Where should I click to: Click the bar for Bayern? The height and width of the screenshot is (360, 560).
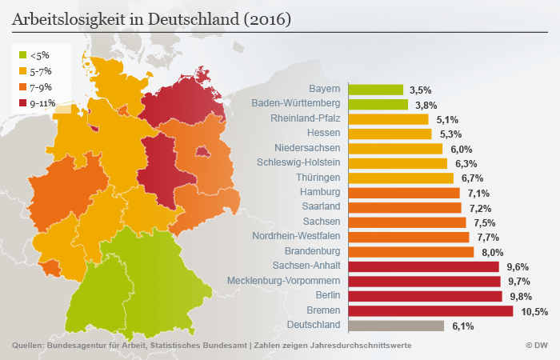point(375,90)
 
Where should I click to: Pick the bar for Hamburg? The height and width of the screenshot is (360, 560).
point(403,193)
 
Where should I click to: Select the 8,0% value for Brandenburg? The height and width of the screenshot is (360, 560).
point(491,252)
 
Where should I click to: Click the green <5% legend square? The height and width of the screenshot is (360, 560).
point(22,56)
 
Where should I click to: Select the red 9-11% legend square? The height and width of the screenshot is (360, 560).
point(22,102)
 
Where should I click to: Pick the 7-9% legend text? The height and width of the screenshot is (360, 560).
point(42,87)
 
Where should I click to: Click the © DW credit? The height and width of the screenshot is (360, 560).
point(536,346)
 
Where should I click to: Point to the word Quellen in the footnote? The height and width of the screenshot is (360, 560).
point(28,346)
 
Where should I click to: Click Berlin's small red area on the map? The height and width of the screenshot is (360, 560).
point(203,151)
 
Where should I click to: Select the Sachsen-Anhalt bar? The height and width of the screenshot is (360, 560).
point(422,266)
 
